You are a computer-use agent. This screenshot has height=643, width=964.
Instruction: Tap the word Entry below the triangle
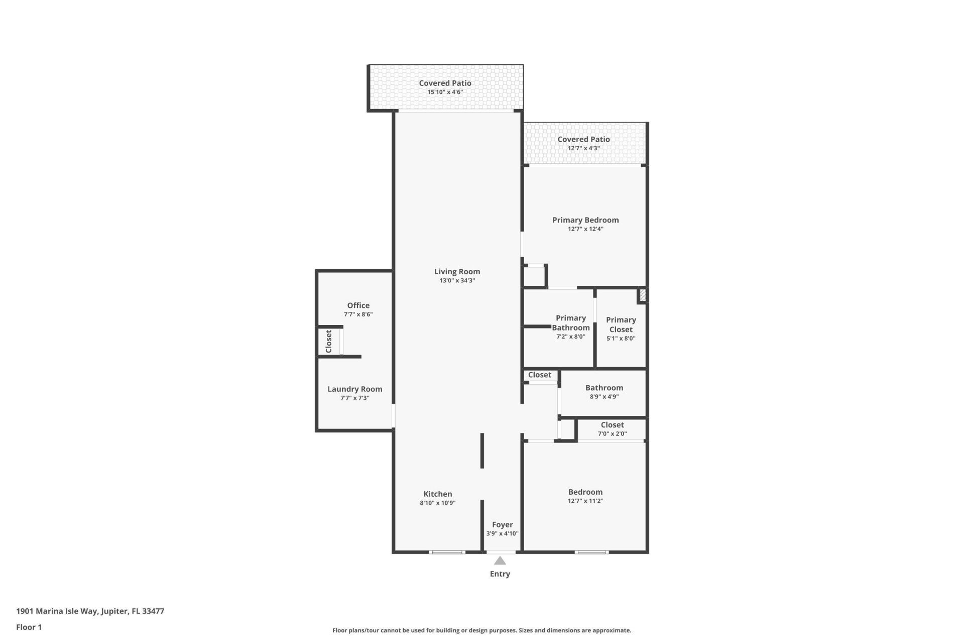point(500,574)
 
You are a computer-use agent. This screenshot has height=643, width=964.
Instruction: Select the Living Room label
point(457,272)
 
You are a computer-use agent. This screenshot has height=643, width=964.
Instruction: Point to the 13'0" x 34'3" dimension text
point(457,281)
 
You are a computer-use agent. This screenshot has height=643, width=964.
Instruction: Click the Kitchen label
point(437,494)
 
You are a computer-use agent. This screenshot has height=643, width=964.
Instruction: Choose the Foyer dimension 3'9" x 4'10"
point(502,534)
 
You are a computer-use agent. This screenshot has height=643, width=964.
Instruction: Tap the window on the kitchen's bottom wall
point(447,553)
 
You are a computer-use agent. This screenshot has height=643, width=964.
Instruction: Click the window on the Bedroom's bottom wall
point(591,553)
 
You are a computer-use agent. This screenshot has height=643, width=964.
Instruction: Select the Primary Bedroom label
point(585,220)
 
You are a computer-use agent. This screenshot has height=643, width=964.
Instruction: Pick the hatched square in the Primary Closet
point(642,295)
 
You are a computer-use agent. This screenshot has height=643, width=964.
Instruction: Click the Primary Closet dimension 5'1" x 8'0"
point(621,339)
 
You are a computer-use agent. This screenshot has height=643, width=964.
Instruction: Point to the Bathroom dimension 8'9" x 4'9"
point(604,397)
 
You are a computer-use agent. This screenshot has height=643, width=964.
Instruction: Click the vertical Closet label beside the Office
point(329,342)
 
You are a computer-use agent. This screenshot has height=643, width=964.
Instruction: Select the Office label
point(358,305)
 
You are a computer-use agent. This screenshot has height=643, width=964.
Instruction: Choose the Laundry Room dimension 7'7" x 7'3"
point(354,398)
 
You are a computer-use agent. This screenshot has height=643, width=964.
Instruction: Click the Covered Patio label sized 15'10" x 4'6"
point(445,83)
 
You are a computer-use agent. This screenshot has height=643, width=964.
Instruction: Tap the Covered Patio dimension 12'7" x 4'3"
point(583,149)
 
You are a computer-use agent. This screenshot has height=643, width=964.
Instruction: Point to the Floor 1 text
point(29,627)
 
